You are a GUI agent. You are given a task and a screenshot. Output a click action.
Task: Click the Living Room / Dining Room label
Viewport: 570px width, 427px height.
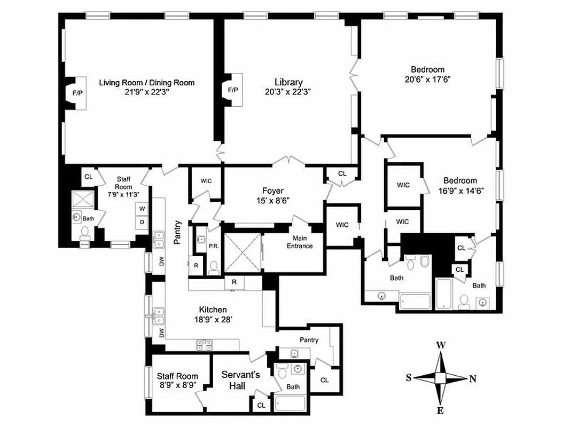147,83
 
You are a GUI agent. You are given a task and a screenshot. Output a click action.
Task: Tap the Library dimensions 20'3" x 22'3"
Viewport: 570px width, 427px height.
288,92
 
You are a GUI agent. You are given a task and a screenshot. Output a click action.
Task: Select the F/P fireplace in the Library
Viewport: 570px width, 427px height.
233,90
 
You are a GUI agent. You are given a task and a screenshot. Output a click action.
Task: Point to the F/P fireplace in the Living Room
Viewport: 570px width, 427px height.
77,93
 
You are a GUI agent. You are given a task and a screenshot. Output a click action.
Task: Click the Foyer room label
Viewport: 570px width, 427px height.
272,191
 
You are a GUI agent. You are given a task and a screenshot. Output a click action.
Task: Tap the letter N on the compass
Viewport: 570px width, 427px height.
472,379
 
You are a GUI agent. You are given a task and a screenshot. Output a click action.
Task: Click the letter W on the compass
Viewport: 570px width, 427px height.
441,345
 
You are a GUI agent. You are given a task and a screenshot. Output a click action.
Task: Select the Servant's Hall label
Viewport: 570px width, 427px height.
240,379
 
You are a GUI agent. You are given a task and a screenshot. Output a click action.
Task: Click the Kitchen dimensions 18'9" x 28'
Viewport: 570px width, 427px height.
213,320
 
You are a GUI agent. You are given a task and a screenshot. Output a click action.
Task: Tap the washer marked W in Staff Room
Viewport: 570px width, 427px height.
142,209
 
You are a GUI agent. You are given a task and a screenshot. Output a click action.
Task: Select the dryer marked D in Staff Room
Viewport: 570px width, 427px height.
142,222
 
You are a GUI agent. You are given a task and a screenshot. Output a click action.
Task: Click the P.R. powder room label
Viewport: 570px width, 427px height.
212,247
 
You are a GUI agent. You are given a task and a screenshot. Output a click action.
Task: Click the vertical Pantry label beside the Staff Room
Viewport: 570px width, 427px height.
177,233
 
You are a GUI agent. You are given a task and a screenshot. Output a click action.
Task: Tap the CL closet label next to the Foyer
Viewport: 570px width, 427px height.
342,173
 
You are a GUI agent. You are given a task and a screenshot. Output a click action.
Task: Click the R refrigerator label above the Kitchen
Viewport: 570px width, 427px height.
233,281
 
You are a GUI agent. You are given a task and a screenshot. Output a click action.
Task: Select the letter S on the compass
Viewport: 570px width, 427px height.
409,378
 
